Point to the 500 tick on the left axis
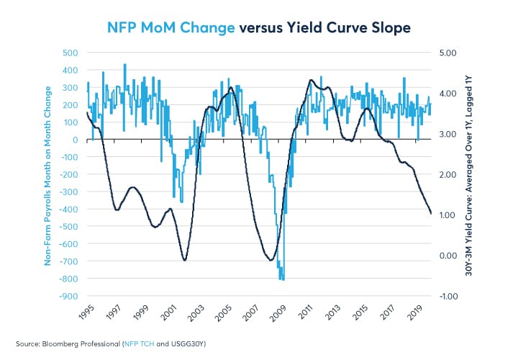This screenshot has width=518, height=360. point(69,53)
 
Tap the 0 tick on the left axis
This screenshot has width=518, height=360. point(74,140)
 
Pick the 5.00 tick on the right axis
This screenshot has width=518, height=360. point(448,53)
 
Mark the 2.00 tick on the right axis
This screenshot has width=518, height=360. point(448,174)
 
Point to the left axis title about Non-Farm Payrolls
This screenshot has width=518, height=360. point(49,175)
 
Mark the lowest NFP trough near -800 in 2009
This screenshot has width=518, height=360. point(283,279)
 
